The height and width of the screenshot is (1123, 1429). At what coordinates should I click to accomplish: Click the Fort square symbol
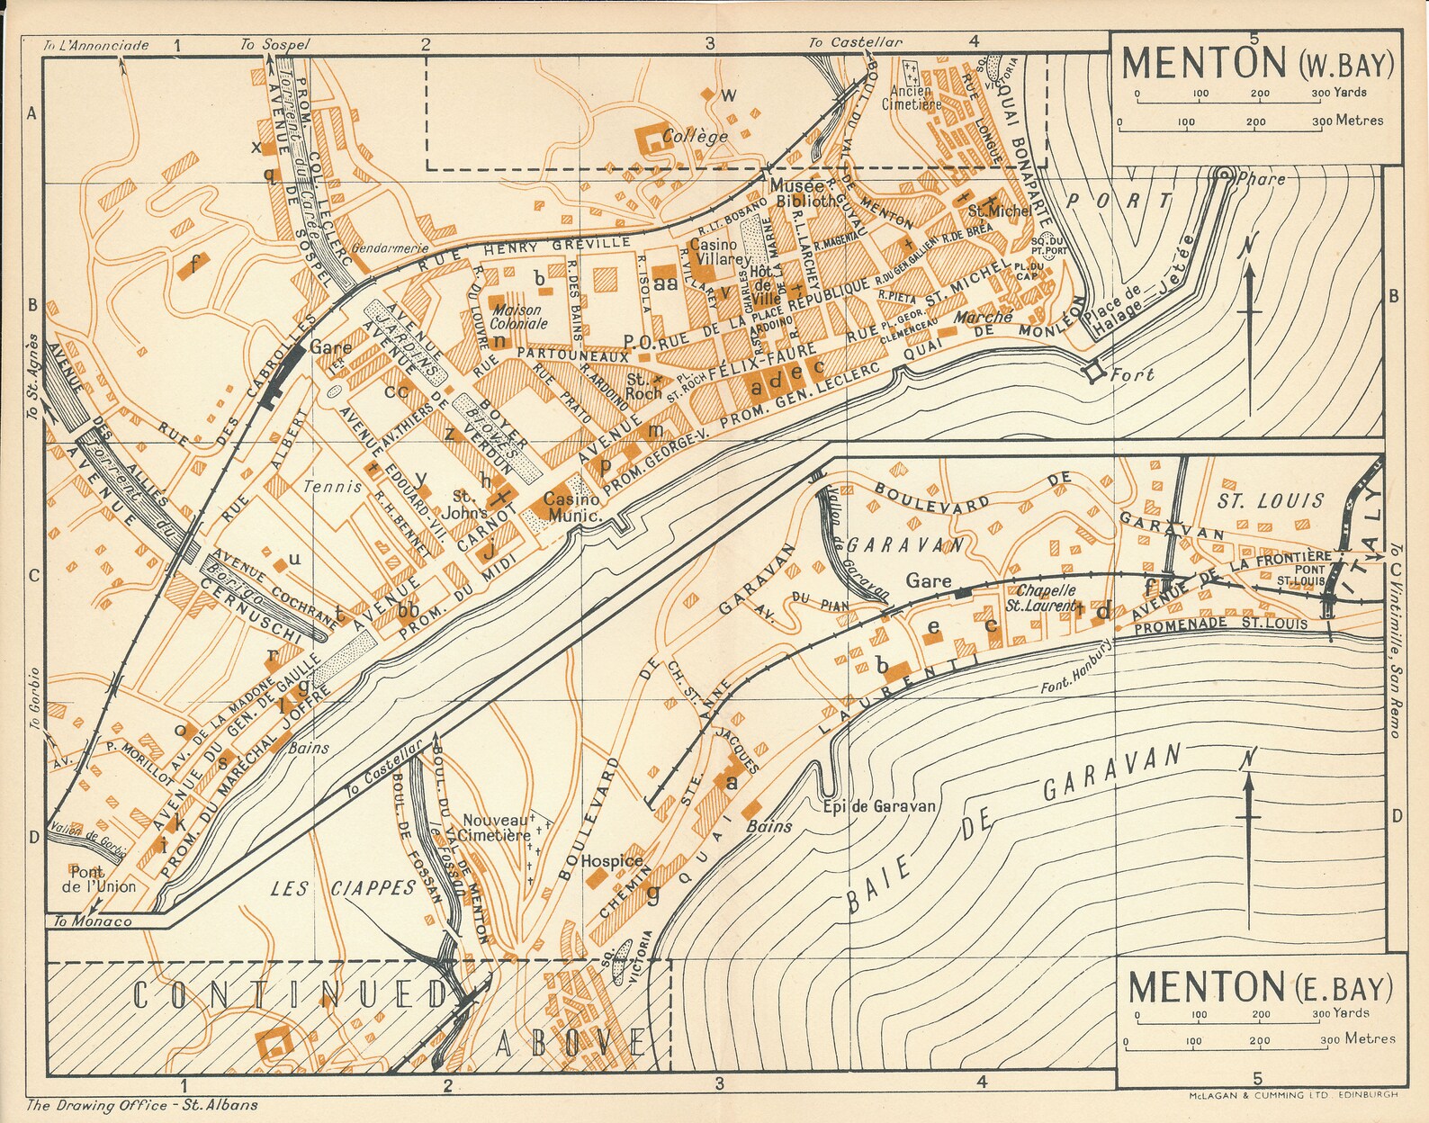click(x=1095, y=372)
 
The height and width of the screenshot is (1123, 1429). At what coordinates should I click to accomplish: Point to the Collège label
click(x=695, y=137)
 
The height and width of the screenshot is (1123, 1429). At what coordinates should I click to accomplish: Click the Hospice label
click(x=612, y=861)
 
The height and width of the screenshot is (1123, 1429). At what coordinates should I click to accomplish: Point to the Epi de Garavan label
click(x=879, y=806)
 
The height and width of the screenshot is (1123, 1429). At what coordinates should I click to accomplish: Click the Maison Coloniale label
click(x=518, y=317)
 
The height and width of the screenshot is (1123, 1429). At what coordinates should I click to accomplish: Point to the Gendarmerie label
click(x=391, y=248)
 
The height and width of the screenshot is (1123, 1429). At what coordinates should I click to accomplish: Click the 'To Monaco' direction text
click(x=92, y=921)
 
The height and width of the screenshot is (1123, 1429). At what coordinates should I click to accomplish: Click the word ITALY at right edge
click(x=1365, y=540)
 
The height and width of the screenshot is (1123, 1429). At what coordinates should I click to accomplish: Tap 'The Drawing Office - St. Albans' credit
click(x=141, y=1106)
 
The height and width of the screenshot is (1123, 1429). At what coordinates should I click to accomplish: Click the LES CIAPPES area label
click(x=344, y=889)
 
